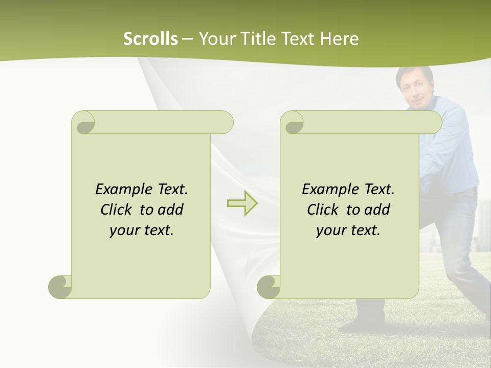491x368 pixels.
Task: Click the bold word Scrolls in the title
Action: coord(150,39)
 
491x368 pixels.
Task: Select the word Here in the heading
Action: coord(340,39)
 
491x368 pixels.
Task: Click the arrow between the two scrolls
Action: coord(242,203)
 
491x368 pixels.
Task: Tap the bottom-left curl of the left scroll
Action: coord(60,287)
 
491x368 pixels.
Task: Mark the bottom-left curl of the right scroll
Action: coord(269,287)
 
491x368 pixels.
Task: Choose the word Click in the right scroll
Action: coord(322,210)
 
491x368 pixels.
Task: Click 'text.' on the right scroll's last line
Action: coord(364,231)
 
